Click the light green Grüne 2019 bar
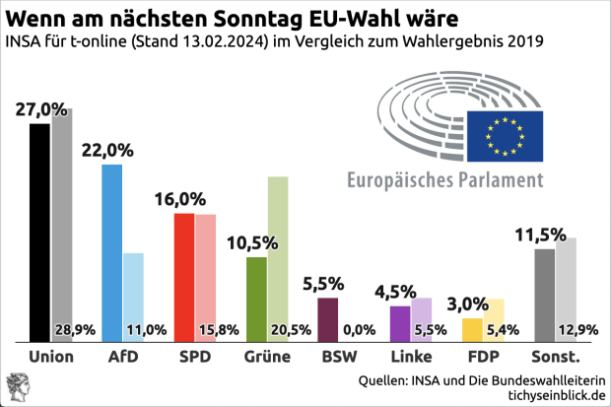click(278, 246)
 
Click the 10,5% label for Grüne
click(252, 242)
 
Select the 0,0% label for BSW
click(358, 330)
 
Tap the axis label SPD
click(194, 356)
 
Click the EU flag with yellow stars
click(505, 134)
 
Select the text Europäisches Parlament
click(444, 180)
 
